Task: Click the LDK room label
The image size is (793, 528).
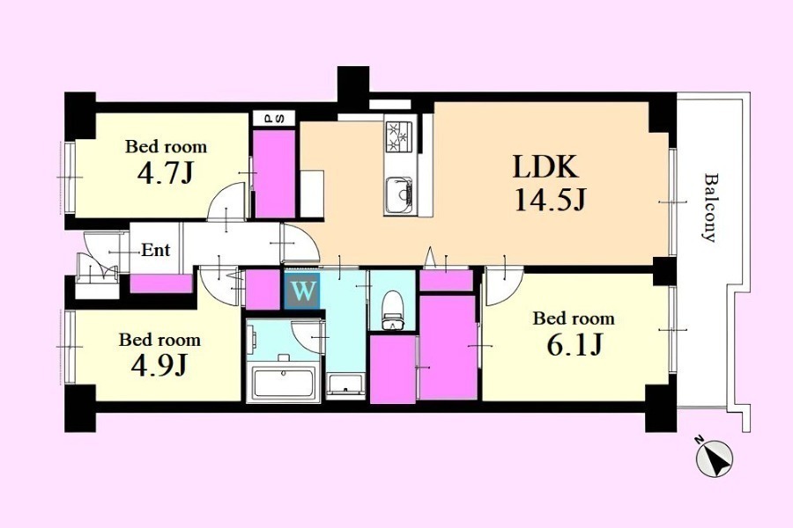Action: tap(545, 166)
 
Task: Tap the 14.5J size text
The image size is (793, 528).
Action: tap(550, 199)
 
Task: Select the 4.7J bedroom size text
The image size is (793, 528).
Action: tap(165, 173)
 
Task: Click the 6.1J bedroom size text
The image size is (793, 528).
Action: tap(574, 346)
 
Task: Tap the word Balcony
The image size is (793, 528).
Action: tap(710, 208)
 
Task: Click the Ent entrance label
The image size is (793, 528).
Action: tap(155, 250)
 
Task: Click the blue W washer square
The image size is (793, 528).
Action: tap(302, 291)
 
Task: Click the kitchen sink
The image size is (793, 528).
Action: tap(399, 195)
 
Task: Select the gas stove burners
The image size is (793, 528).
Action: tap(399, 136)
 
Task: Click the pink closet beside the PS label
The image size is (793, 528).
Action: tap(274, 174)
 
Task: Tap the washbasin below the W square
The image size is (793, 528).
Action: tap(345, 386)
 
